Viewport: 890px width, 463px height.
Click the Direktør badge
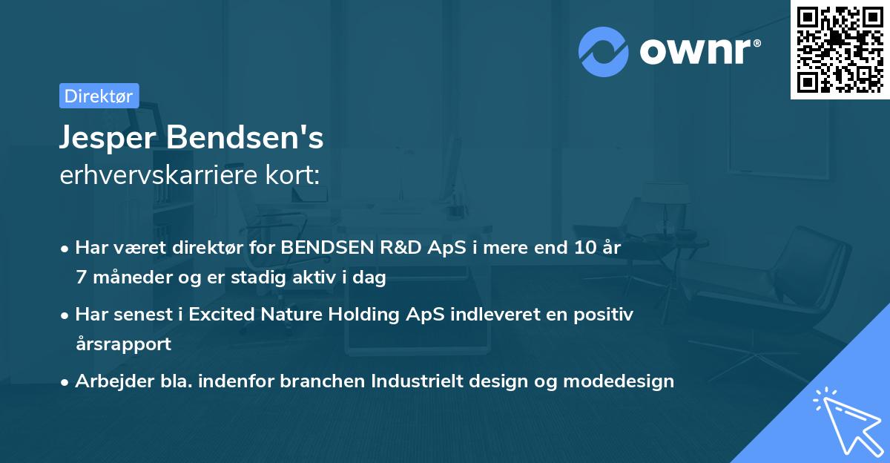(99, 96)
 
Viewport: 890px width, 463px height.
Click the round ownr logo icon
(603, 52)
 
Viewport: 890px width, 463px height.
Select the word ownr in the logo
(697, 52)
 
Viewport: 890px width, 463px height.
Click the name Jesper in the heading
(108, 137)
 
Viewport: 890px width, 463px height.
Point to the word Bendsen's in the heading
(245, 137)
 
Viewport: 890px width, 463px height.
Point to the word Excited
(220, 315)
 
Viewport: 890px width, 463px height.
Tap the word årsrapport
(123, 344)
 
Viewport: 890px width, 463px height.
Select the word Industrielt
(417, 381)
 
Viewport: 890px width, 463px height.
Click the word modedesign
(620, 381)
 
